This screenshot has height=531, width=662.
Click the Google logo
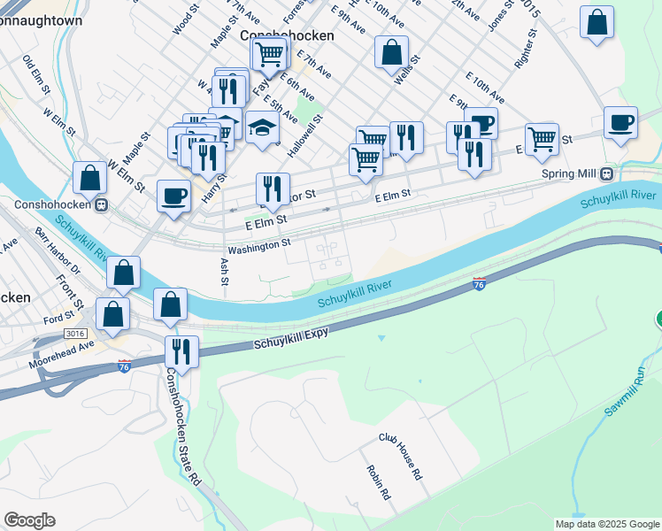click(29, 520)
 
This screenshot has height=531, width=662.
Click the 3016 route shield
click(77, 333)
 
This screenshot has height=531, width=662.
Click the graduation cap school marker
click(263, 129)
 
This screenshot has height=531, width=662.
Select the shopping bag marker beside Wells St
click(391, 52)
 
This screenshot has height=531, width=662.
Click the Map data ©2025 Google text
click(607, 524)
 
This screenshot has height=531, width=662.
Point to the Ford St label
click(58, 316)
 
